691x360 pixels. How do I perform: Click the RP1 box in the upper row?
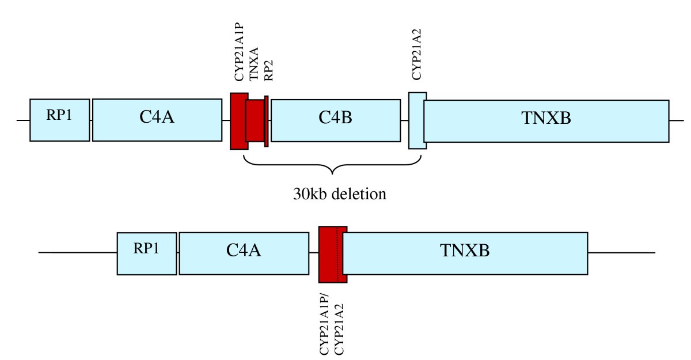(60, 120)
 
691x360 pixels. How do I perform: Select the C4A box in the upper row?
(157, 120)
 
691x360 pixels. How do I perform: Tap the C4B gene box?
(335, 120)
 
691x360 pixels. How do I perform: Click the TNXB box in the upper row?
(546, 120)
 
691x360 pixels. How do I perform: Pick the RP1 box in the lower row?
(146, 253)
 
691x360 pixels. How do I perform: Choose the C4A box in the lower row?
(243, 253)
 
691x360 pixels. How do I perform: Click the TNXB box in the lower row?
(465, 253)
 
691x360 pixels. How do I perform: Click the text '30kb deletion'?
(332, 194)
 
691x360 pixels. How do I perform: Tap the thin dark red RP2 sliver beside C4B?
(266, 121)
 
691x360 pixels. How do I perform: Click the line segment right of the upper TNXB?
(676, 120)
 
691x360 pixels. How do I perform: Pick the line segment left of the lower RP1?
(77, 253)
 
